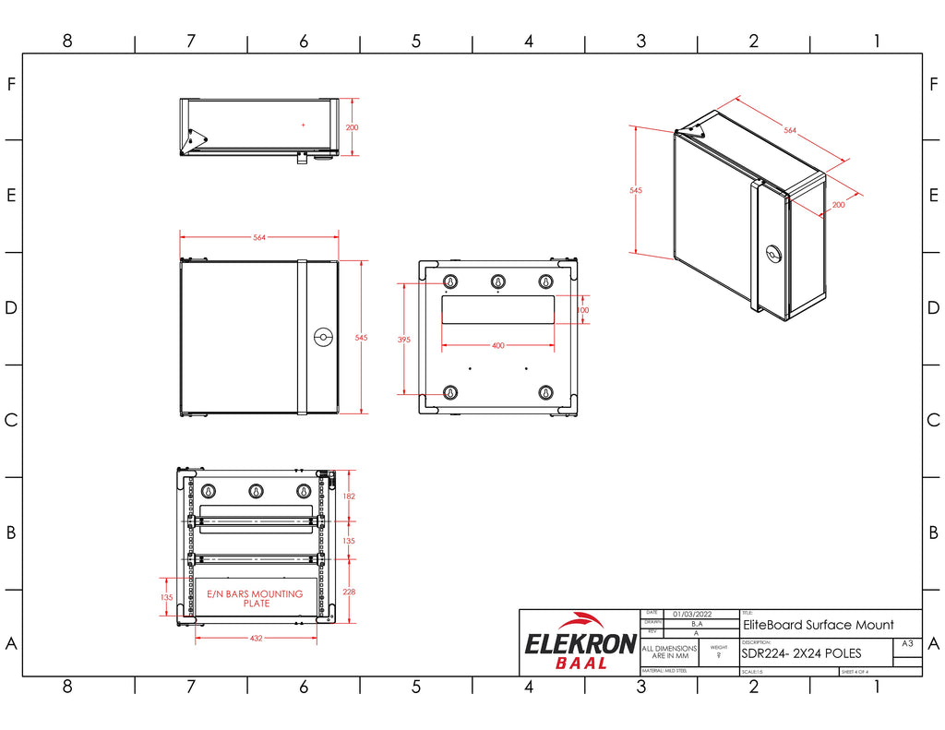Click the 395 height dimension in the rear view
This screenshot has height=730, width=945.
(403, 340)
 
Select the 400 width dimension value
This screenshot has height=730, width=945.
(497, 346)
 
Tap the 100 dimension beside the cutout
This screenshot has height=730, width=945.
(582, 310)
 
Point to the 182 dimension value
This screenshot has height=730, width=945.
(349, 497)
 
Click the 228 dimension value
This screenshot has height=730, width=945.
(349, 592)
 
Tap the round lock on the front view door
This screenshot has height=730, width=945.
(323, 337)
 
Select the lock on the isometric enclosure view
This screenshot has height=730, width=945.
(772, 252)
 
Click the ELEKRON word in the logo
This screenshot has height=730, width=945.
(580, 643)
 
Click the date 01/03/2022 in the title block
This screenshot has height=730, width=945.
(691, 613)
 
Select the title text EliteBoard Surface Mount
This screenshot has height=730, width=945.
(818, 625)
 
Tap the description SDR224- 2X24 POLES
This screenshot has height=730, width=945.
(801, 653)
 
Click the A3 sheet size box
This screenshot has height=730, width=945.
(906, 643)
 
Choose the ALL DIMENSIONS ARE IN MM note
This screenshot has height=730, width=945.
(670, 652)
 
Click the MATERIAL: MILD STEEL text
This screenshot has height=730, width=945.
(664, 671)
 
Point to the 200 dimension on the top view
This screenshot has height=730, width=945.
(352, 127)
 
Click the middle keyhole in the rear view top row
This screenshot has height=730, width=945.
(498, 281)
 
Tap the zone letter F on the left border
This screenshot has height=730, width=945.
(11, 84)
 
